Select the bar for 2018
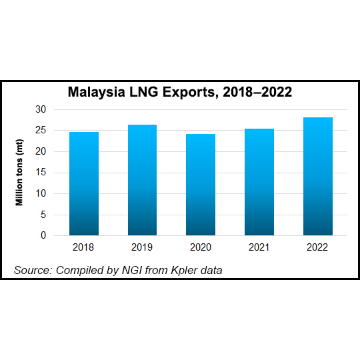(x=84, y=184)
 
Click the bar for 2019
(x=142, y=180)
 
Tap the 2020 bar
(x=201, y=185)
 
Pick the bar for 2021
(x=259, y=182)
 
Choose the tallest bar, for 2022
(x=317, y=177)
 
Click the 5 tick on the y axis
(x=43, y=215)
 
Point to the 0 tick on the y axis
(x=43, y=235)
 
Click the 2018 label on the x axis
(x=84, y=247)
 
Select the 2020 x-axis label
(x=201, y=247)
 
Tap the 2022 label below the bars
(x=317, y=247)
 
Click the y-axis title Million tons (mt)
(x=21, y=173)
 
